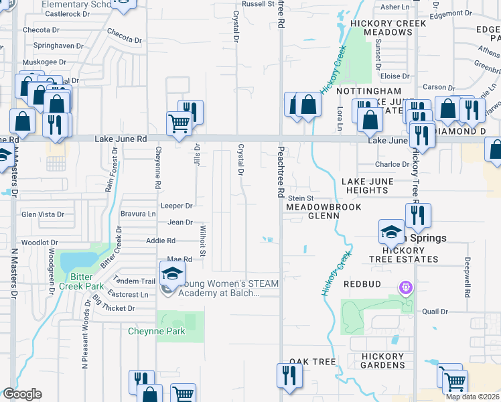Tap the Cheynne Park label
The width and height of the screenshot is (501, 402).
tap(151, 331)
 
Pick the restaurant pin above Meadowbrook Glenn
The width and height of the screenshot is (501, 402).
tap(418, 216)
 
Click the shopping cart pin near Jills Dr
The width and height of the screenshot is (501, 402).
tap(179, 124)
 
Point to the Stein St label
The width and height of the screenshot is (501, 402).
tap(301, 198)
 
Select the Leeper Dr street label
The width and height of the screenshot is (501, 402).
tap(176, 206)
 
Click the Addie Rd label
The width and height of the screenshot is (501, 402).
tap(161, 241)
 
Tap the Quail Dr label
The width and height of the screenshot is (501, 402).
tap(434, 311)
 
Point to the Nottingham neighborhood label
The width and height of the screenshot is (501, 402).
tap(368, 91)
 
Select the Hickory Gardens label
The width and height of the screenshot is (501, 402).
tap(382, 360)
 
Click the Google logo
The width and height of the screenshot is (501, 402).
tap(21, 393)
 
